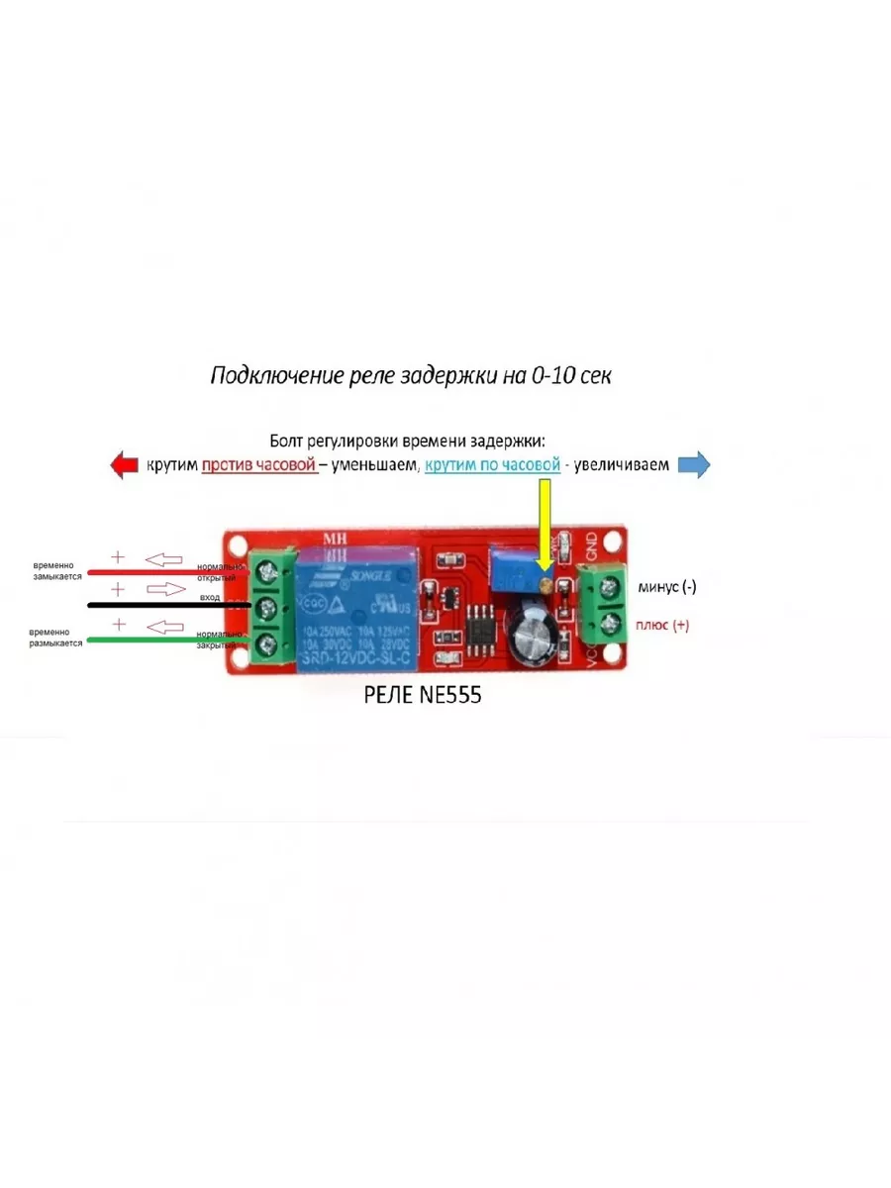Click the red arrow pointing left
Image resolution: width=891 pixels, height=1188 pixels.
coord(123,464)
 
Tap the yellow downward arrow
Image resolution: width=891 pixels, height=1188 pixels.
coord(544,530)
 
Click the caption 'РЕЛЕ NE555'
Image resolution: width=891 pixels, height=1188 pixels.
coord(423,696)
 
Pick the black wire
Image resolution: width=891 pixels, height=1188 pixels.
coord(158,604)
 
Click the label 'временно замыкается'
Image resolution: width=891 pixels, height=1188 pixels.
coord(55,569)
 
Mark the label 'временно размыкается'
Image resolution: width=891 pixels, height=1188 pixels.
coord(55,637)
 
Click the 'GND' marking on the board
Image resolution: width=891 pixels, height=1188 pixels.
coord(591,544)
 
